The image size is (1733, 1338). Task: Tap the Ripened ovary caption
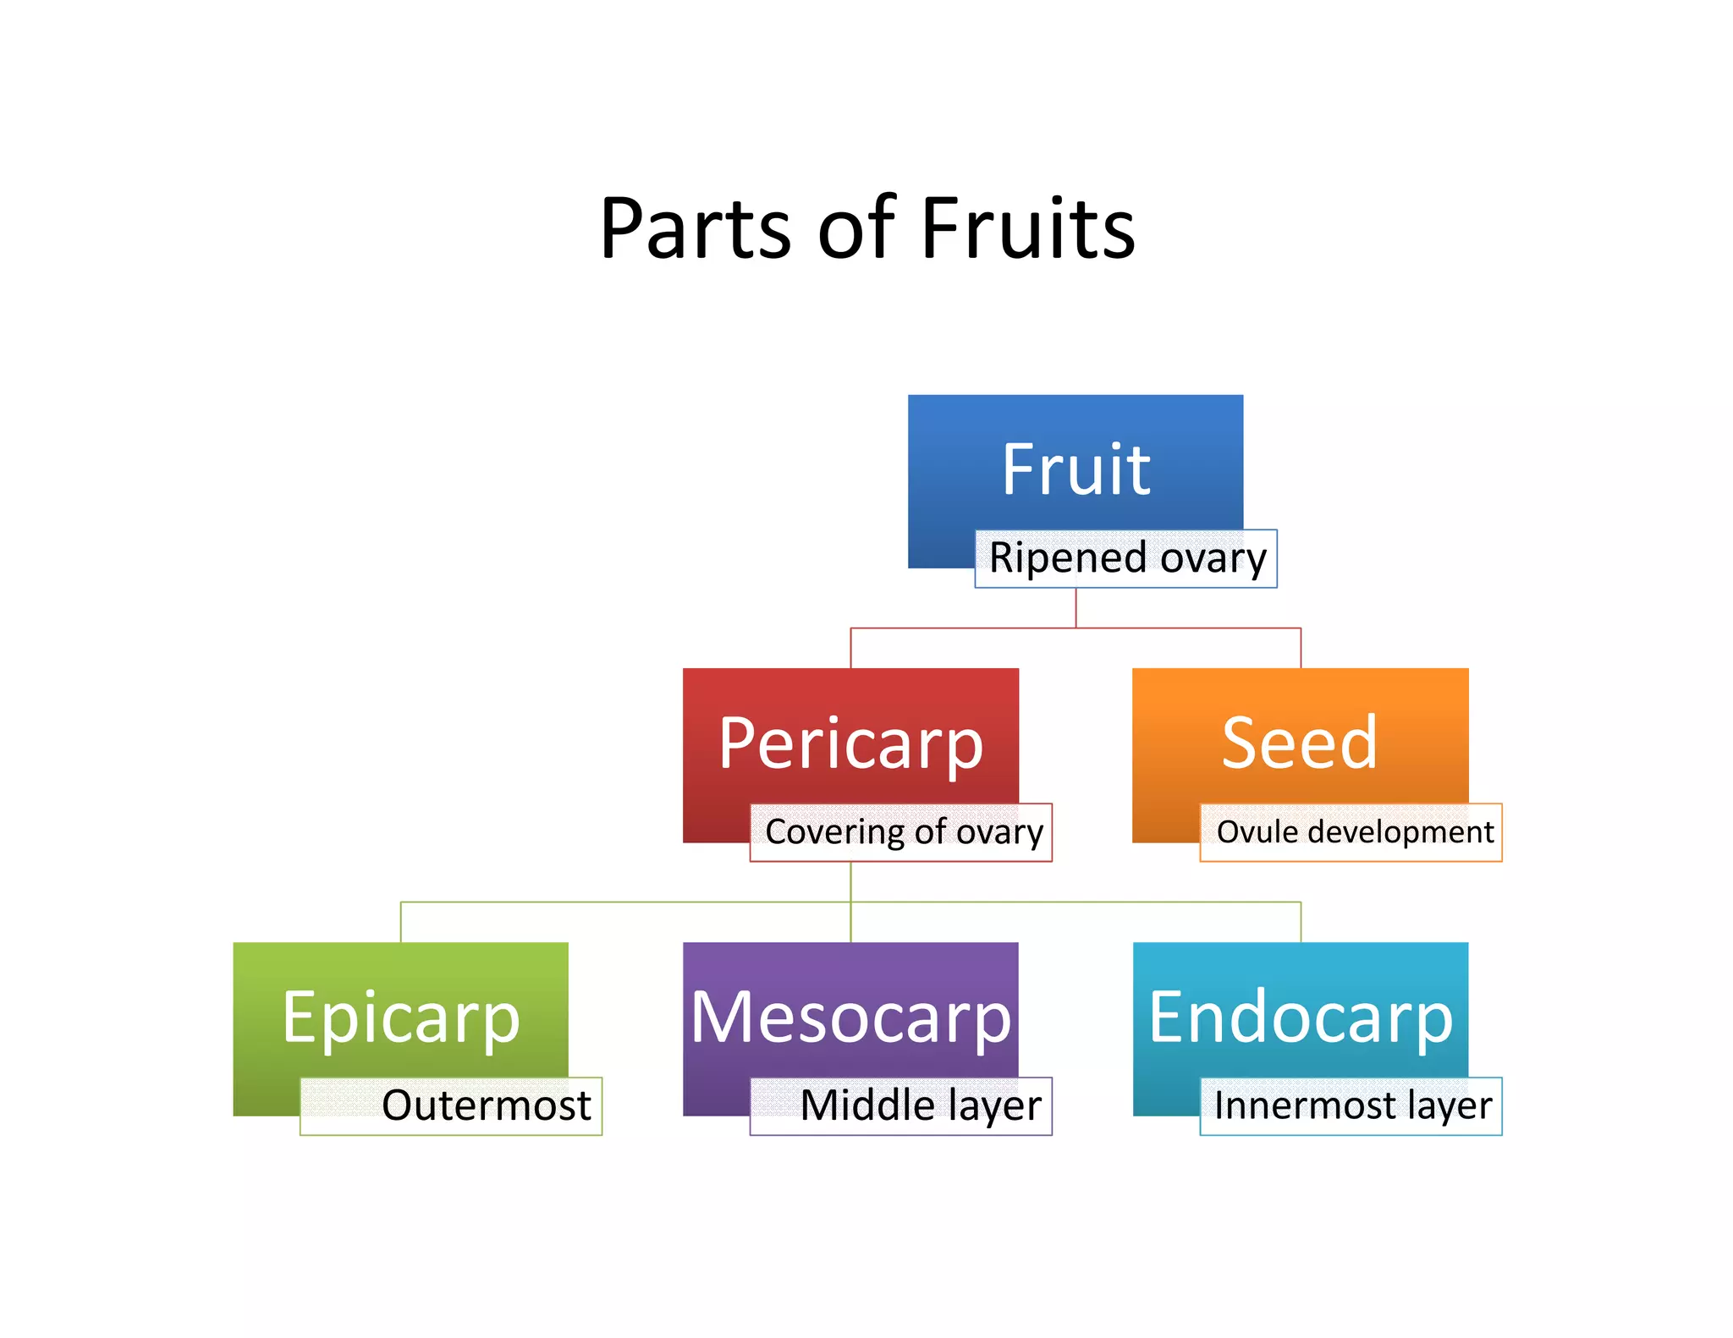(1127, 558)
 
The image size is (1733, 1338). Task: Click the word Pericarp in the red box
(850, 744)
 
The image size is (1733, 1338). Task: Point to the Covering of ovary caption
(903, 832)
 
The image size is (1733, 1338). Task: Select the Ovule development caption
(1354, 832)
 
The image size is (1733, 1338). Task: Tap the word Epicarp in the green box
(400, 1019)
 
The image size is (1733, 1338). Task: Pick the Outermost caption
(486, 1106)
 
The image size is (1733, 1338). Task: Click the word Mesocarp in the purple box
(850, 1017)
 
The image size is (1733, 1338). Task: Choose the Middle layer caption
(921, 1106)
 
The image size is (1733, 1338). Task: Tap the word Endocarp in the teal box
(1301, 1017)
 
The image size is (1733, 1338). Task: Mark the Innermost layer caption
(1352, 1106)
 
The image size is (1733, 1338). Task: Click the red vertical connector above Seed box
(1301, 648)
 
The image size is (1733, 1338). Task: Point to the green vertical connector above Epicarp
(400, 922)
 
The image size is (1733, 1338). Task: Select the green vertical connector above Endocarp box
(1301, 922)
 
